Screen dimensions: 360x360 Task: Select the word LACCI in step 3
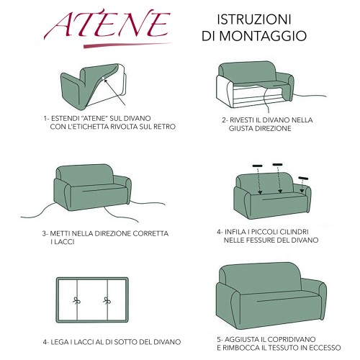[x=67, y=242]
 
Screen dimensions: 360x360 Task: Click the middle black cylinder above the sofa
[x=277, y=165]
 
